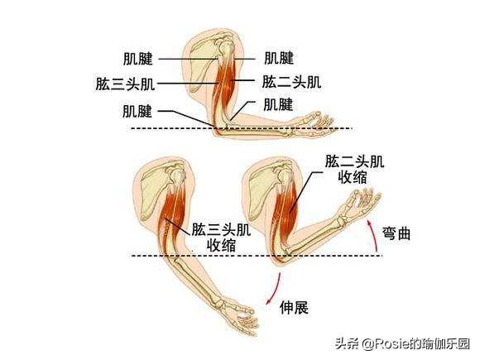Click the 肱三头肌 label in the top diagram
tap(125, 84)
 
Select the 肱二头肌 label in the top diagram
tap(292, 83)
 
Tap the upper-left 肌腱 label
tap(137, 59)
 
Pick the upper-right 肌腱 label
tap(279, 58)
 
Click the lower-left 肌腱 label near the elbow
tap(137, 111)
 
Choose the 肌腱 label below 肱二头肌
tap(278, 104)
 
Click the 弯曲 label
tap(396, 234)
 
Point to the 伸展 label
tap(294, 307)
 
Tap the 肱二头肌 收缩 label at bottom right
tap(354, 170)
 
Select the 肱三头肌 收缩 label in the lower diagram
tap(221, 238)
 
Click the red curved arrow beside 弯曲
tap(372, 236)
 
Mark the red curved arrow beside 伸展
tap(274, 289)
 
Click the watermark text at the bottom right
tap(402, 344)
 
